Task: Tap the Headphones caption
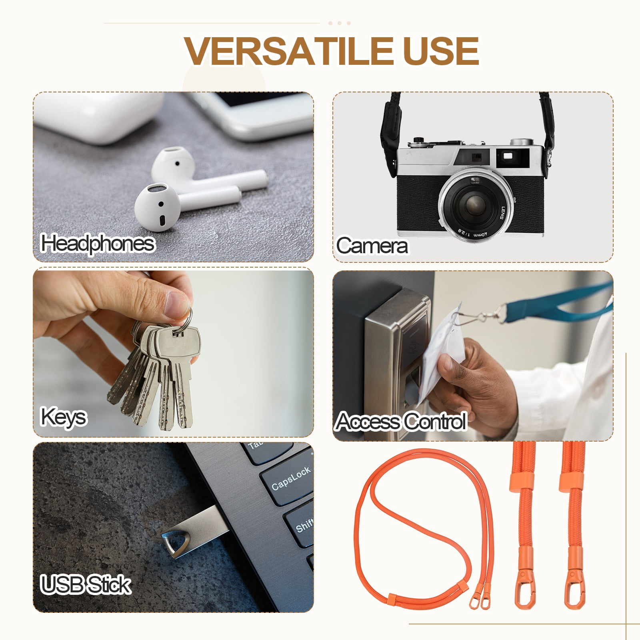tap(98, 244)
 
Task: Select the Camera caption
tap(372, 246)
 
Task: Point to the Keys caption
tap(64, 418)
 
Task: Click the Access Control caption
tap(401, 421)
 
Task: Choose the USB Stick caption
tap(86, 584)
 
